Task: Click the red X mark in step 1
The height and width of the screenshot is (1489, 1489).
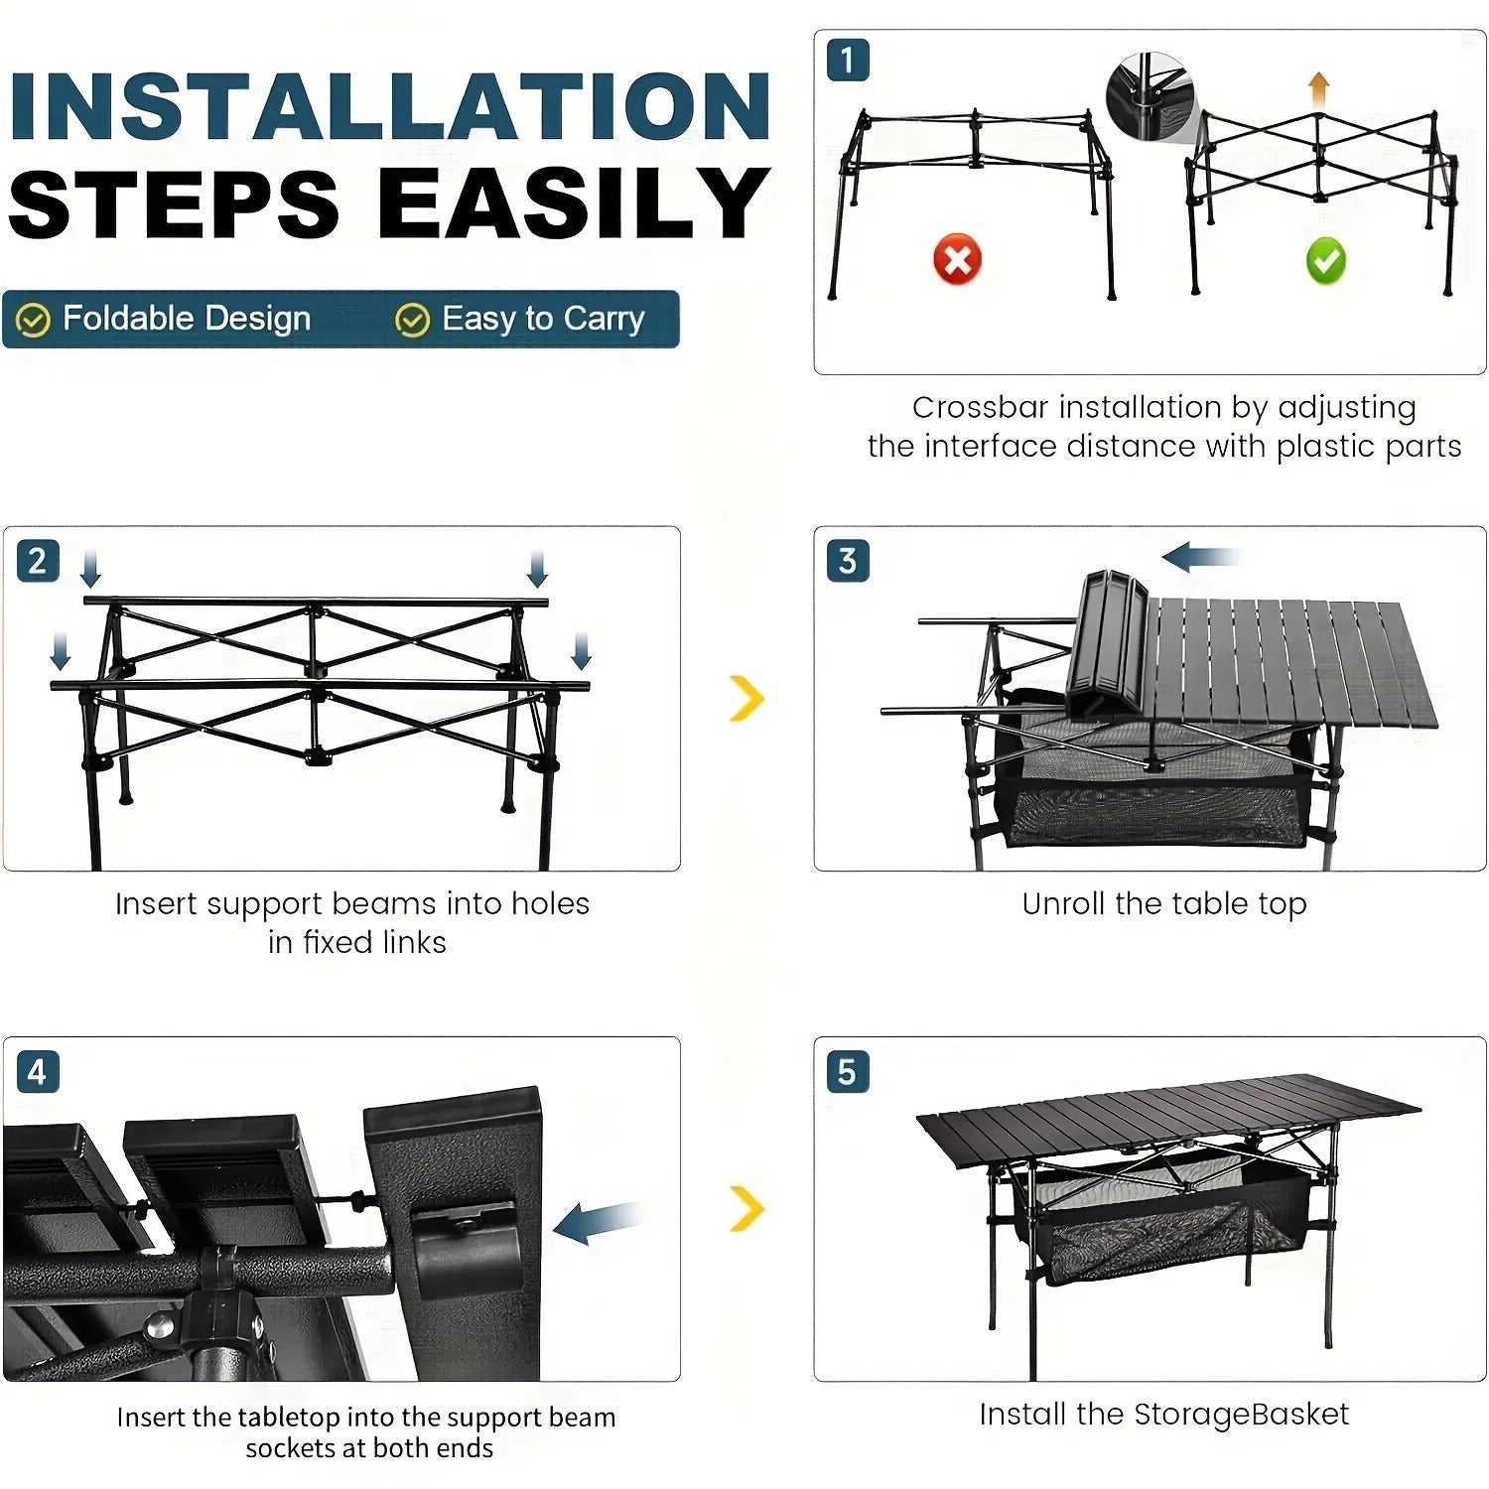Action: (x=957, y=260)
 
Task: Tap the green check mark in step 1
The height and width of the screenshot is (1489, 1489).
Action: (x=1325, y=261)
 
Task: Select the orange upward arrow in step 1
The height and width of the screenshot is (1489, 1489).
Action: (x=1318, y=90)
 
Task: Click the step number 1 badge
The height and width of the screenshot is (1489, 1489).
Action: (x=848, y=61)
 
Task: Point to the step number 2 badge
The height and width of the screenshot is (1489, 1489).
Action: (x=38, y=561)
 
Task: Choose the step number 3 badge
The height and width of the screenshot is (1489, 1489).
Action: (x=848, y=561)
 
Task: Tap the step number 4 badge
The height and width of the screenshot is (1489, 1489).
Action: (x=38, y=1072)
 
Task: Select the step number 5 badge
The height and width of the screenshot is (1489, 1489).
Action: (x=848, y=1072)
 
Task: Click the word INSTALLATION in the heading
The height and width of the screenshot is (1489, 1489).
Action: (x=389, y=106)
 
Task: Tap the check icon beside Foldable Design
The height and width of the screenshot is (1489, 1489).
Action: (x=34, y=320)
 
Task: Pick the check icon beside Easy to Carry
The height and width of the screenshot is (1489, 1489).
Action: (x=412, y=320)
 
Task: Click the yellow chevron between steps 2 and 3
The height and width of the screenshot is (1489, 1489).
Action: (x=746, y=698)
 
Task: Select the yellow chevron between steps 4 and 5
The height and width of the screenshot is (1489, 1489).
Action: (x=746, y=1208)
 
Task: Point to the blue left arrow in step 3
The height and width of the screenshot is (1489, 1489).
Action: (x=1198, y=557)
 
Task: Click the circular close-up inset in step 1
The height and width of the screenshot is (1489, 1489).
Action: (x=1149, y=96)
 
